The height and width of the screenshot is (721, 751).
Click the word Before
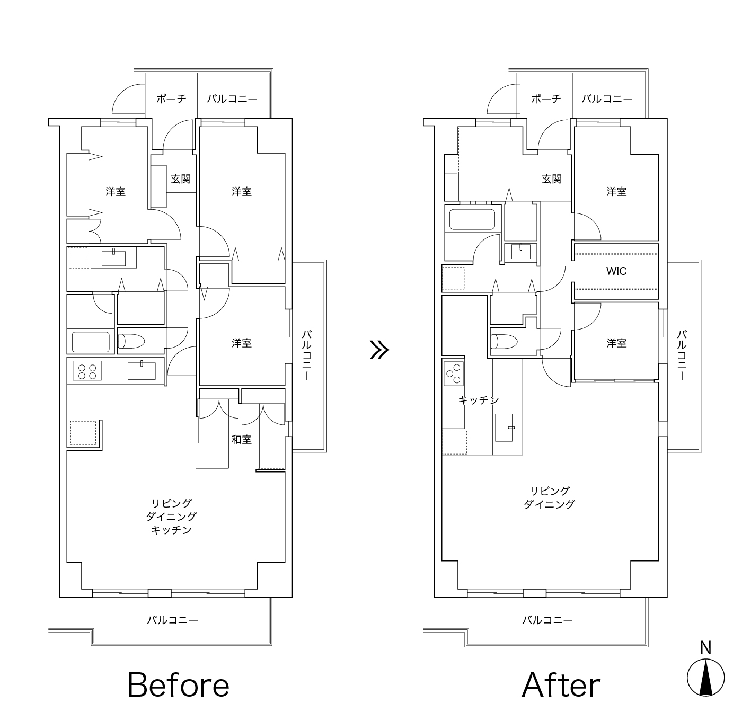coord(178,685)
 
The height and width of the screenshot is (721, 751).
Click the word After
coord(561,685)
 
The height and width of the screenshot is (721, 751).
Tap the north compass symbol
coord(706,678)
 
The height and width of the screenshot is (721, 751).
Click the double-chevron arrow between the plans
coord(380,350)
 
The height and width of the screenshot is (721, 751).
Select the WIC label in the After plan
coord(616,271)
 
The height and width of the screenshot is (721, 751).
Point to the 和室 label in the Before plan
coord(242,439)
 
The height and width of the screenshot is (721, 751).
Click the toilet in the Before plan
coord(131,341)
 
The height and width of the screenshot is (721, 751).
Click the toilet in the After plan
coord(504,341)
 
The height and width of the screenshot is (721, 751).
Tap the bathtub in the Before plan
coord(91,342)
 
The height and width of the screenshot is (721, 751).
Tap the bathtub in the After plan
coord(472,219)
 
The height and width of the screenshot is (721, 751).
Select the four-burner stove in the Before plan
coord(87,371)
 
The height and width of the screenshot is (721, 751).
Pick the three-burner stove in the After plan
coord(454,373)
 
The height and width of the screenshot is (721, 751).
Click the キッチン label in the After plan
coord(479,400)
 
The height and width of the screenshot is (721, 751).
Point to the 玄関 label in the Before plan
coord(181,179)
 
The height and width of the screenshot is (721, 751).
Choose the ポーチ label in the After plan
coord(546,99)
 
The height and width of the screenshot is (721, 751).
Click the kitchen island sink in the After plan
coord(504,428)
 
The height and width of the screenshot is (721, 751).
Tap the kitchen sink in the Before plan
coord(142,371)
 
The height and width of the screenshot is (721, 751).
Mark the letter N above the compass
coord(706,648)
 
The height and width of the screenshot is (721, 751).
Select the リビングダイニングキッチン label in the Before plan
coord(171,517)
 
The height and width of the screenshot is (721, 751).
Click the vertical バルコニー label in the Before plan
coord(306,355)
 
